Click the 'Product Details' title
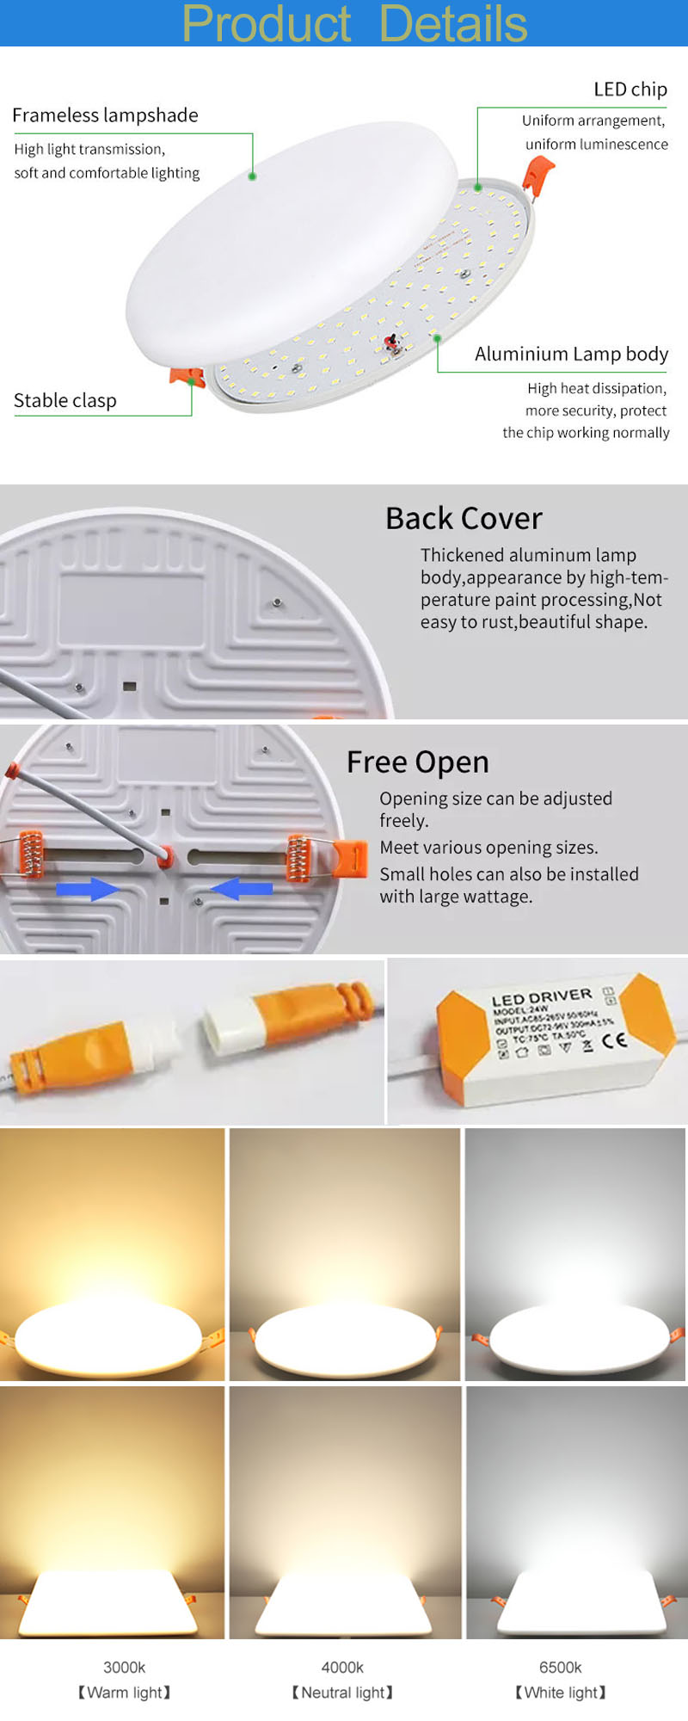(354, 23)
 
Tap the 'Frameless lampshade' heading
(105, 115)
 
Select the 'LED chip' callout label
(630, 89)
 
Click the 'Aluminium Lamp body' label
(571, 354)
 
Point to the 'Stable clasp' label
(65, 400)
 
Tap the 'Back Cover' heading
(464, 518)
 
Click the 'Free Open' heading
(417, 762)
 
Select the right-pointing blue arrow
(88, 889)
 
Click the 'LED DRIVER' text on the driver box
(542, 996)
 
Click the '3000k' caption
(124, 1668)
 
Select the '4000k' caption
(342, 1668)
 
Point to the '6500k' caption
(560, 1668)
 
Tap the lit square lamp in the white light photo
(579, 1603)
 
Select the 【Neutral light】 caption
(342, 1693)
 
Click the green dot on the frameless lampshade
(252, 176)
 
